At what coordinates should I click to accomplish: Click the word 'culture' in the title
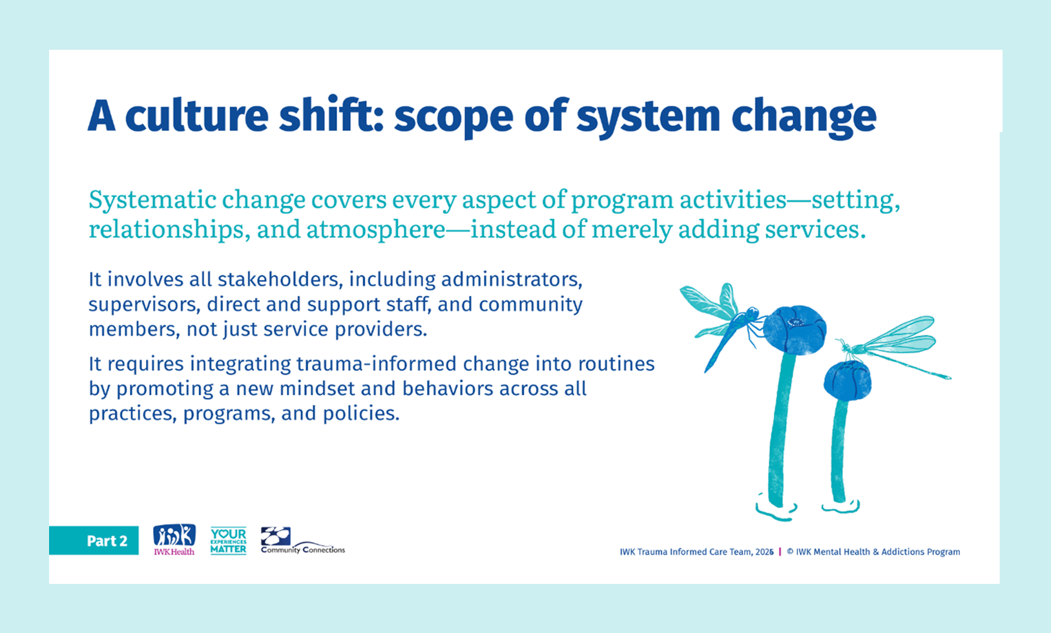pos(196,116)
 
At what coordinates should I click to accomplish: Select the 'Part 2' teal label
pos(94,541)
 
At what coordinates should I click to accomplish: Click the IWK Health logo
pos(174,539)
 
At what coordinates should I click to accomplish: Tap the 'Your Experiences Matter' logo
pos(229,541)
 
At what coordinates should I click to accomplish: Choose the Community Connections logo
pos(302,541)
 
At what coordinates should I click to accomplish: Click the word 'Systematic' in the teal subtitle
pos(152,200)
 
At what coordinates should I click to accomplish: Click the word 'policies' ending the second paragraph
pos(361,414)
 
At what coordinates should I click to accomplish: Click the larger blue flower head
pos(795,330)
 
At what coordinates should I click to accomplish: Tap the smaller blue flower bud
pos(848,381)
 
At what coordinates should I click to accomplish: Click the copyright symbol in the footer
pos(790,552)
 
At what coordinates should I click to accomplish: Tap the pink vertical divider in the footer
pos(780,552)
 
